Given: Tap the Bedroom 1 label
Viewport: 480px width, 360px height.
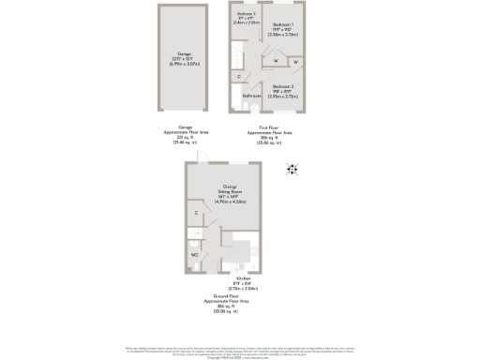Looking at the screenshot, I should (282, 32).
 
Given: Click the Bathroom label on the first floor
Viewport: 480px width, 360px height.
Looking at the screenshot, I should (252, 96).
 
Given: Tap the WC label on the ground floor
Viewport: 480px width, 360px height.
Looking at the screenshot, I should (195, 253).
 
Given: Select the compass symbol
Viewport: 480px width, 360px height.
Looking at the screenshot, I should (292, 169).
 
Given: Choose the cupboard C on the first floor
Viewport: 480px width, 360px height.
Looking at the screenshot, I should (239, 76).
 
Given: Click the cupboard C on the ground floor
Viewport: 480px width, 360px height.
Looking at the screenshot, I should (196, 214).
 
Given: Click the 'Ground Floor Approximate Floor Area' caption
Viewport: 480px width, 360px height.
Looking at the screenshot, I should (225, 306).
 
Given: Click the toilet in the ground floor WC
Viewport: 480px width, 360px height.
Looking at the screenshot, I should (199, 265).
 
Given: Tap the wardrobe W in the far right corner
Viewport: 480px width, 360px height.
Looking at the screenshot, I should (295, 63).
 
